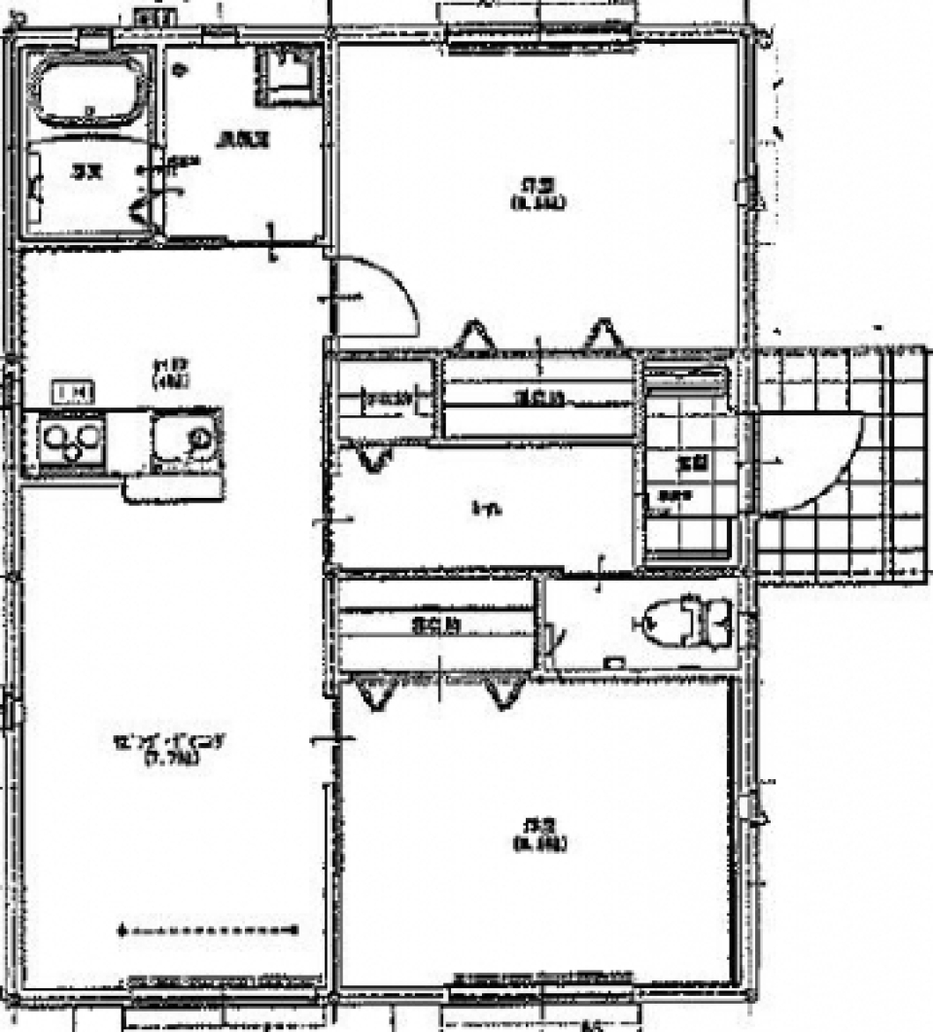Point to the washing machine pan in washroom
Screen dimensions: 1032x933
click(x=286, y=73)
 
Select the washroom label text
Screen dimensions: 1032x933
click(x=242, y=139)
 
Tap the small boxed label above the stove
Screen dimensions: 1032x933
click(x=74, y=393)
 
